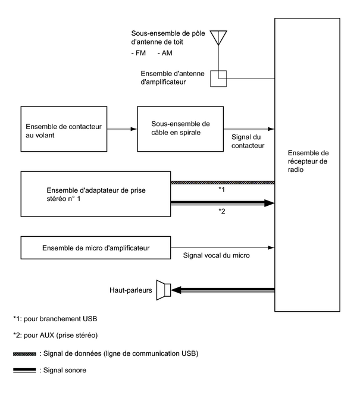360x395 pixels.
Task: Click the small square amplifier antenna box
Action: click(x=218, y=79)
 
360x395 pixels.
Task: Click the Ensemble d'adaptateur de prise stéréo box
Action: click(x=95, y=195)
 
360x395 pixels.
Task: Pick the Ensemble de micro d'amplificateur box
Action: click(x=95, y=247)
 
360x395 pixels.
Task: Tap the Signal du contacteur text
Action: click(x=246, y=140)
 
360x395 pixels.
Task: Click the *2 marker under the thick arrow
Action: click(x=221, y=212)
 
